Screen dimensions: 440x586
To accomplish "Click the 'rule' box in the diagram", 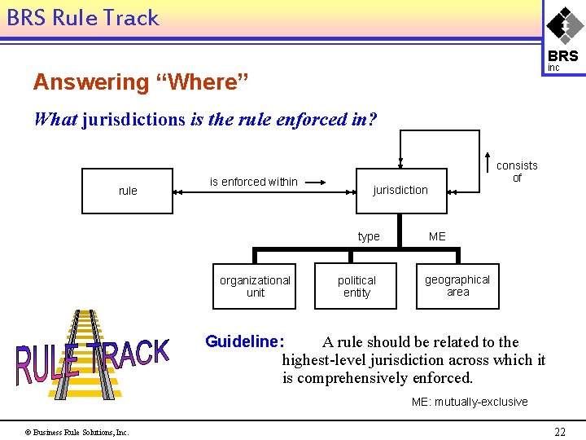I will [x=128, y=191].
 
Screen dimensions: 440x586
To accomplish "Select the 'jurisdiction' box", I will [x=400, y=190].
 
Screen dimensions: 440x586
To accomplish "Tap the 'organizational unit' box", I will [x=255, y=286].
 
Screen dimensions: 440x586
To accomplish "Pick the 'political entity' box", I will [x=356, y=286].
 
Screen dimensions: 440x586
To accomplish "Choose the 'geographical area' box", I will [x=457, y=285].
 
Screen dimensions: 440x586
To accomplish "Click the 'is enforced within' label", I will [x=254, y=182].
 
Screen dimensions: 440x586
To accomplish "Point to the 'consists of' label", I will [x=517, y=171].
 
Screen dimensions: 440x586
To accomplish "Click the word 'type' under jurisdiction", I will [x=369, y=236].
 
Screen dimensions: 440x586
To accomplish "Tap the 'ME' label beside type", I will [x=437, y=236].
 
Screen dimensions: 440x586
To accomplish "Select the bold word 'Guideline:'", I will [x=244, y=341].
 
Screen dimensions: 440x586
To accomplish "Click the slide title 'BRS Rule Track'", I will [x=83, y=18].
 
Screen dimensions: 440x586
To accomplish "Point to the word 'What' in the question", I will [x=55, y=119].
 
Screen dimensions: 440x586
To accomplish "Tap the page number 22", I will [x=560, y=432].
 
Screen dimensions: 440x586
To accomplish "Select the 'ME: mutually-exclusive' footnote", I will [x=470, y=402].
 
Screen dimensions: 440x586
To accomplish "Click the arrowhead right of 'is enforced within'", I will [x=322, y=182].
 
